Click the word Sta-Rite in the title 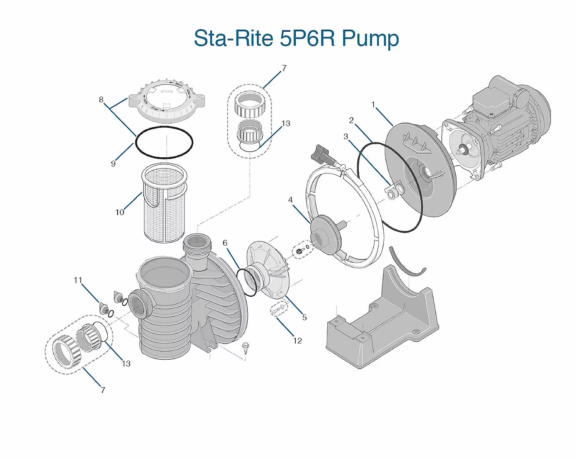coord(234,38)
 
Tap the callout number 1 coord(373,105)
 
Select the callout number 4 coord(291,200)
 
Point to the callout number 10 coord(120,212)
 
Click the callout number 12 coord(297,341)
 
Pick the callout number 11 coord(78,280)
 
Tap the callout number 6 coord(225,243)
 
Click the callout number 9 coord(113,164)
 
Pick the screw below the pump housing coord(245,347)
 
